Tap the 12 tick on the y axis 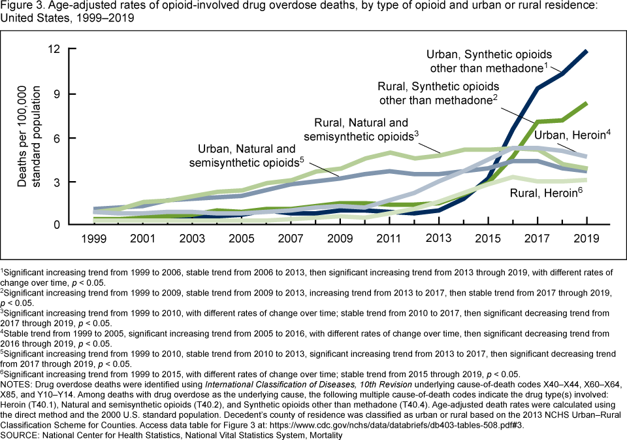[x=54, y=49]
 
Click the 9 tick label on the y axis [x=57, y=93]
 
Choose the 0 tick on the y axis [x=57, y=225]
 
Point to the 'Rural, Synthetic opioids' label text [x=438, y=86]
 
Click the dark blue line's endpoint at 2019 [x=586, y=51]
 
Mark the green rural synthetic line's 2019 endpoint [x=586, y=103]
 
